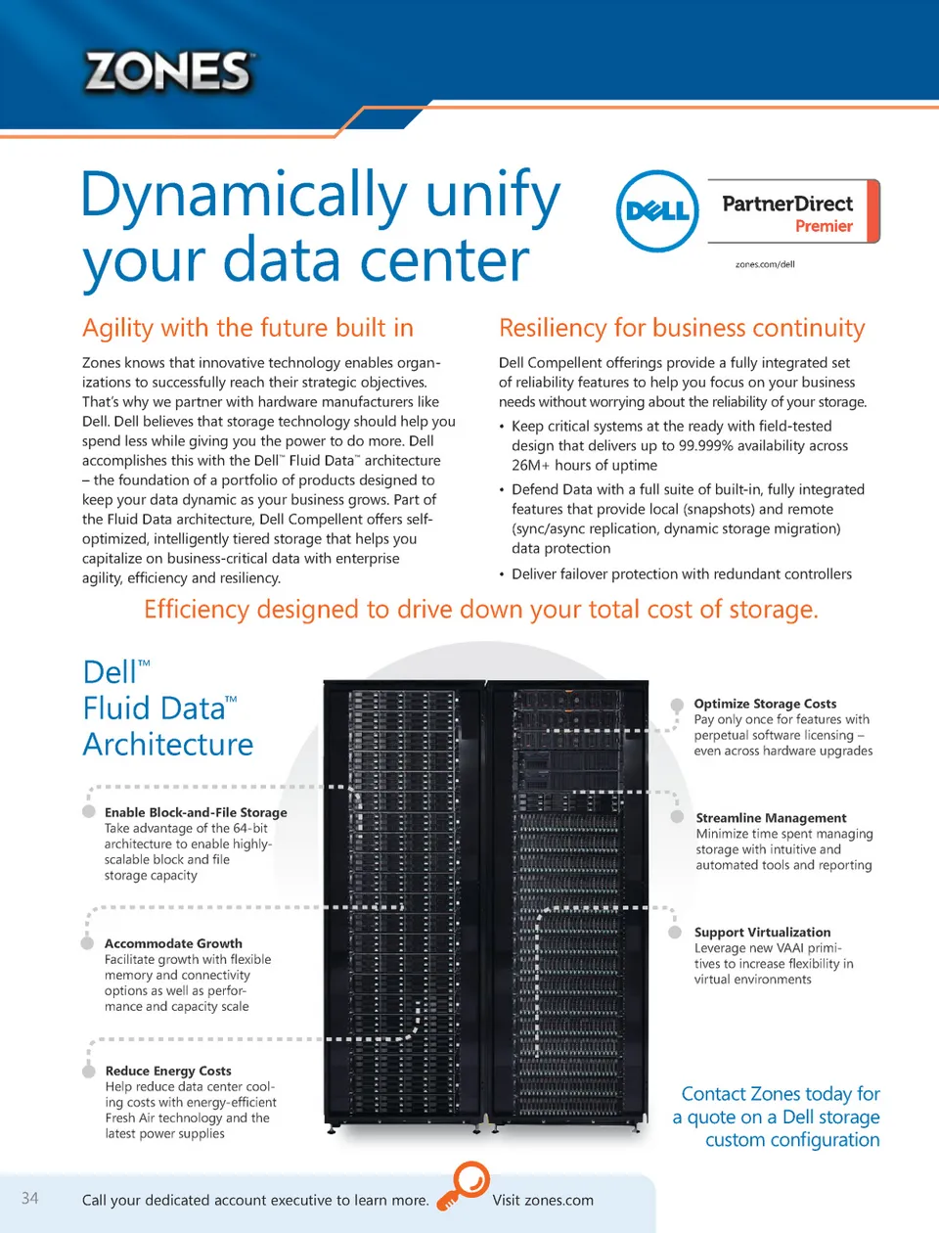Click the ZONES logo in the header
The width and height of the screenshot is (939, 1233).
(168, 72)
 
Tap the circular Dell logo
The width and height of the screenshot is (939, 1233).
(657, 210)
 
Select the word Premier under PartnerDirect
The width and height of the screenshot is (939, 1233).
(824, 226)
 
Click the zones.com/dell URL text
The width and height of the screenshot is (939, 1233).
(765, 264)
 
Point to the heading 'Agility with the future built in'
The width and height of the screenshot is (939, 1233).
(247, 328)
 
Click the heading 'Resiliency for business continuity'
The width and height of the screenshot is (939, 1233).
(682, 328)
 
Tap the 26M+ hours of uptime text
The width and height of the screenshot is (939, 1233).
(584, 466)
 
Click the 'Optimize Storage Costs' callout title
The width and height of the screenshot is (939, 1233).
(765, 704)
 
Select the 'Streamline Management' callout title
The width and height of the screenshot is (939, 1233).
(771, 818)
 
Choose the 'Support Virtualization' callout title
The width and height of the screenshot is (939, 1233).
(762, 933)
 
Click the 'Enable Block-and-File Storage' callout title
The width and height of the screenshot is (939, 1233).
(196, 812)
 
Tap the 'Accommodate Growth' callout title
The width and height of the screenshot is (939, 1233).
(173, 943)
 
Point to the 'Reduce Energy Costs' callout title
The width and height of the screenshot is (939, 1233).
(168, 1071)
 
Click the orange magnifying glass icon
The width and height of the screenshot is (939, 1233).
(463, 1185)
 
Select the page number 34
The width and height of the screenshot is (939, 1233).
(30, 1199)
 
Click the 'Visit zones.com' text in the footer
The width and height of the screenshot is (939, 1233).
(543, 1201)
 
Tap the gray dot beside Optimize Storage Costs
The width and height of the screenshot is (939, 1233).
(677, 705)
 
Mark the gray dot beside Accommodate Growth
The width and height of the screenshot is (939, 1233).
(88, 943)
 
